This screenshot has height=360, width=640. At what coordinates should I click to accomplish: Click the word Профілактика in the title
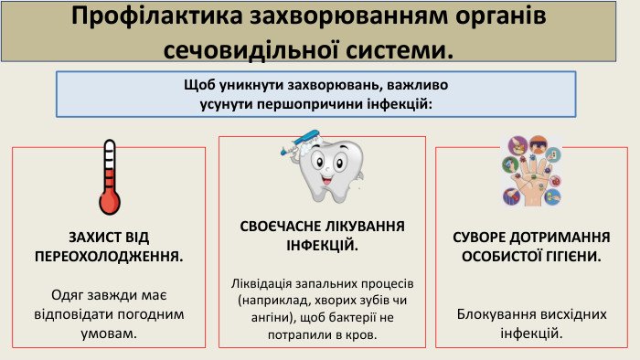click(x=156, y=16)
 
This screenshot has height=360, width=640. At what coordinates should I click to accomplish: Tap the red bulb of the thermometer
click(x=110, y=202)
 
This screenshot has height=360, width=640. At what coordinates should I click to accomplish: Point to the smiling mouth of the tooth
click(x=327, y=179)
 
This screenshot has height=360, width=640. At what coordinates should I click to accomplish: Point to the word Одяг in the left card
click(x=67, y=295)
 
